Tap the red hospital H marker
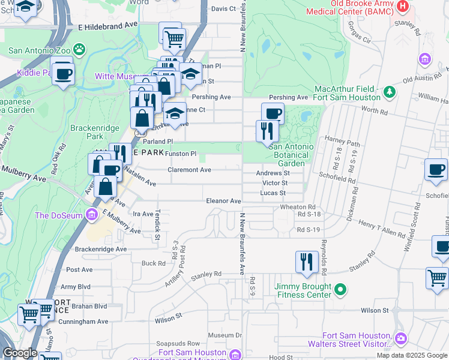click(x=403, y=5)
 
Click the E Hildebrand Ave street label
click(x=107, y=26)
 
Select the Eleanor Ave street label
click(x=223, y=201)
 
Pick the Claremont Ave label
click(x=189, y=170)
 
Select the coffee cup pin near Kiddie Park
click(x=62, y=74)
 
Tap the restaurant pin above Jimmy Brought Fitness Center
click(x=306, y=262)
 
